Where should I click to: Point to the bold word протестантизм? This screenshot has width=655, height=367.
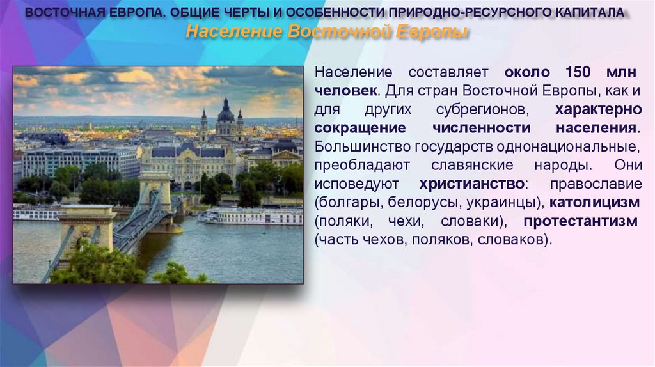pyautogui.click(x=580, y=221)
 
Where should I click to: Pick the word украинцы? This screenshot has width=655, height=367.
pyautogui.click(x=507, y=203)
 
